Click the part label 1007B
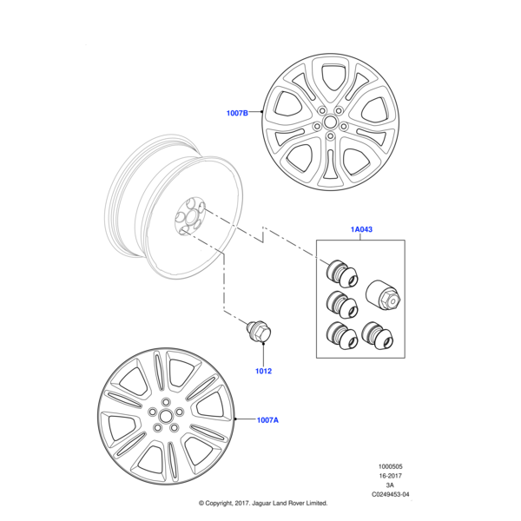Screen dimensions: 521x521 coord(237,113)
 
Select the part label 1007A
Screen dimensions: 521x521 coord(267,420)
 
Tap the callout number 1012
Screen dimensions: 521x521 coord(263,371)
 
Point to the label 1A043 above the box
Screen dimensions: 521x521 coord(362,230)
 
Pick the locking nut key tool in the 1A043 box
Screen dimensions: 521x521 coord(382,294)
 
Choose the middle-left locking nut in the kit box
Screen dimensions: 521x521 coord(340,304)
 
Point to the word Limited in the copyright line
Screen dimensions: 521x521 coord(315,504)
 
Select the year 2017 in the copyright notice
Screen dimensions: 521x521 coord(235,504)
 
